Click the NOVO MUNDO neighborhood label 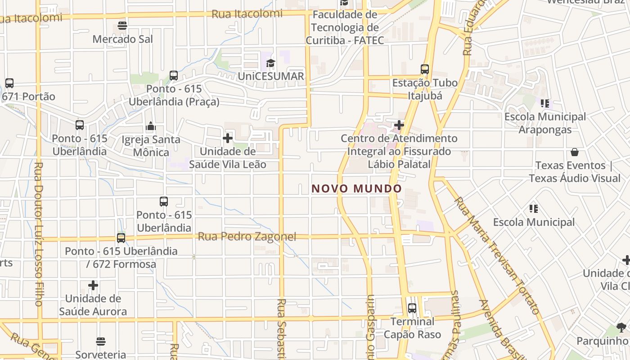pos(356,189)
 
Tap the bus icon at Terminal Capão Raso pos(412,308)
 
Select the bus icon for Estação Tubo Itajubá pos(425,69)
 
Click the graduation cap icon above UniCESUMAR pos(270,63)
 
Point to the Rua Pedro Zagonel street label pos(247,237)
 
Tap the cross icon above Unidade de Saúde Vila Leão pos(228,138)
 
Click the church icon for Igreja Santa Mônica pos(151,126)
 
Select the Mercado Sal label pos(123,39)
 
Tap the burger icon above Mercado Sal pos(122,26)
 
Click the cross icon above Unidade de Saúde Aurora pos(93,285)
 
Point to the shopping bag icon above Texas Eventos pos(575,152)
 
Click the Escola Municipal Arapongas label pos(545,123)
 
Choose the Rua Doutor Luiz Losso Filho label pos(38,234)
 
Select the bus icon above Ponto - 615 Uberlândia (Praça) pos(174,76)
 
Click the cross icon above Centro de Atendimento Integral pos(399,125)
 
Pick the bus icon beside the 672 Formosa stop pos(121,238)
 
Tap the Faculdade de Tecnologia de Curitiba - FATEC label pos(345,27)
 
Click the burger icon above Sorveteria pos(101,342)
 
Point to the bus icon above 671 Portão pos(9,83)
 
